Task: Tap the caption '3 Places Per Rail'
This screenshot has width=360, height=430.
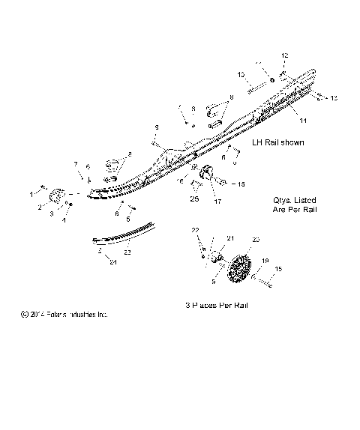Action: tap(216, 306)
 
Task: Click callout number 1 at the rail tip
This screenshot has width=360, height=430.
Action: tap(31, 193)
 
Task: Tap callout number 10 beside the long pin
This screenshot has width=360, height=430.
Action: tap(241, 75)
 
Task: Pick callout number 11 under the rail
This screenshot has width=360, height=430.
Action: tap(304, 120)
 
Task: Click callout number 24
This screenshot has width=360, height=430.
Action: tap(112, 263)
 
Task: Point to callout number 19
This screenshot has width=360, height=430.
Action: tap(265, 262)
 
